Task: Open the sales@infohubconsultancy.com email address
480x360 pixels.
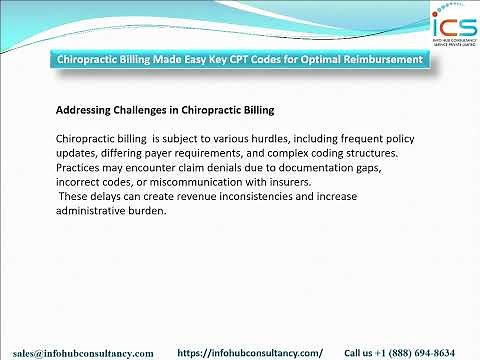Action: (84, 353)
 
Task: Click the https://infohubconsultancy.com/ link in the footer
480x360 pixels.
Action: (250, 353)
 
